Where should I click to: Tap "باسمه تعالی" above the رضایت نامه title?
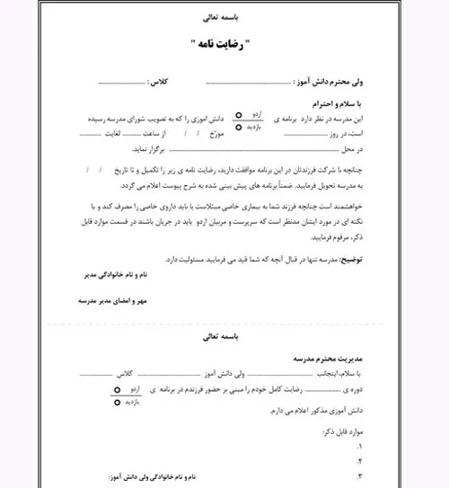[224, 17]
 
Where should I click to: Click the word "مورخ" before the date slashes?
[249, 133]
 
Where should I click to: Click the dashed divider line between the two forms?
[224, 322]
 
